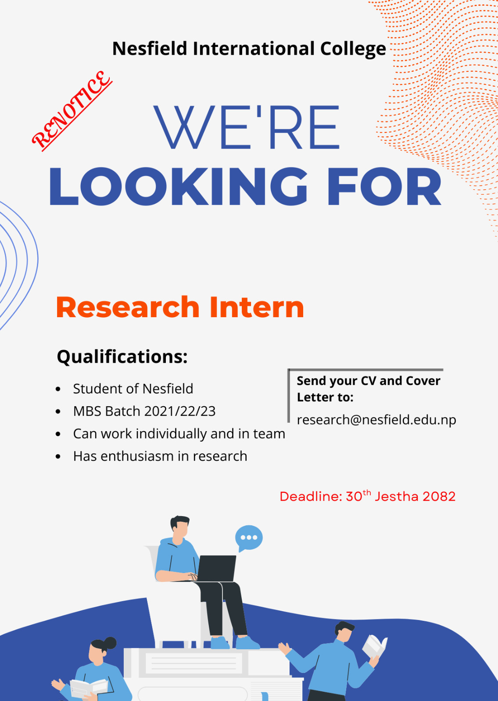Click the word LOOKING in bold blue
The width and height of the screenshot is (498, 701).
pyautogui.click(x=178, y=186)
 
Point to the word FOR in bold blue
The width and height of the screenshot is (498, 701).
pyautogui.click(x=384, y=186)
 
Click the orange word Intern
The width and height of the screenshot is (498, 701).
pyautogui.click(x=257, y=307)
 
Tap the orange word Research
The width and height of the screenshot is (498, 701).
pyautogui.click(x=128, y=307)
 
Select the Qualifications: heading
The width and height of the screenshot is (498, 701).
pyautogui.click(x=122, y=357)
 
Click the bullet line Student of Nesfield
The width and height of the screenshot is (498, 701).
pyautogui.click(x=133, y=389)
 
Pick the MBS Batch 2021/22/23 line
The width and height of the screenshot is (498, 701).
pyautogui.click(x=144, y=411)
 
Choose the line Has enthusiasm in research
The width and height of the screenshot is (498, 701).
pyautogui.click(x=160, y=456)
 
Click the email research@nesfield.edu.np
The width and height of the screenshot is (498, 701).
pyautogui.click(x=376, y=420)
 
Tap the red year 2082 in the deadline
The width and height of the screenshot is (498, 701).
pyautogui.click(x=439, y=497)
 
